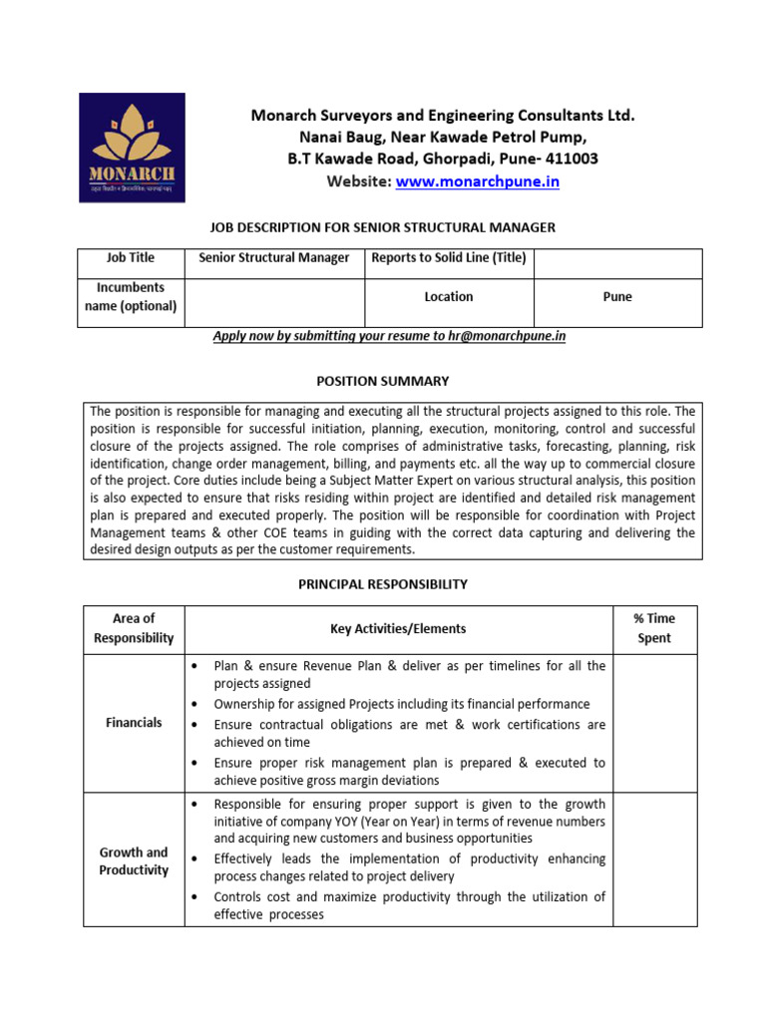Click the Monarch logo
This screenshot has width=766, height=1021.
(132, 148)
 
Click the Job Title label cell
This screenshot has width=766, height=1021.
(131, 257)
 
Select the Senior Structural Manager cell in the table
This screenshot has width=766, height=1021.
(274, 257)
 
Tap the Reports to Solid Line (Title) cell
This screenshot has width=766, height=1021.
(448, 257)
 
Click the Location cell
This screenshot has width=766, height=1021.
(448, 297)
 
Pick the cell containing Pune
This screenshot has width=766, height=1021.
(617, 297)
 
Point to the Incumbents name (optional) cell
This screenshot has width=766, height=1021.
(131, 297)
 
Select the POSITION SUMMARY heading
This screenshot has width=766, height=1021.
(383, 381)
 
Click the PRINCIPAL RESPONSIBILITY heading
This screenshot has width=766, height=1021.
(383, 584)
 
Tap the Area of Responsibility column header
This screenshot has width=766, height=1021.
(134, 628)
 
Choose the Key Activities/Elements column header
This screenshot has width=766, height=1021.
(398, 629)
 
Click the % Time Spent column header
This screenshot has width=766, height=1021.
(654, 628)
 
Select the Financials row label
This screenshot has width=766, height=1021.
(134, 723)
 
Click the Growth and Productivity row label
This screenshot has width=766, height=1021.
(134, 861)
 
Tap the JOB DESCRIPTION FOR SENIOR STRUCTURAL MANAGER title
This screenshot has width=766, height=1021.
(383, 227)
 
